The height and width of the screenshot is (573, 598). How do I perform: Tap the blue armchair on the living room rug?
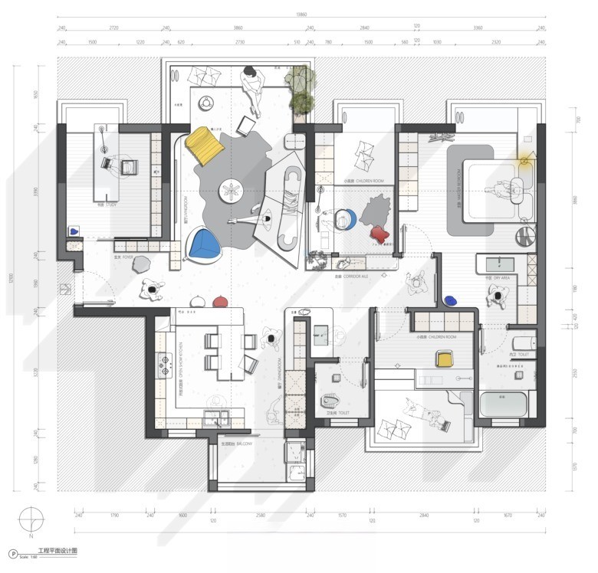click(204, 245)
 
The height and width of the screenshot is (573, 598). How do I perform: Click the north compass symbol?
click(32, 520)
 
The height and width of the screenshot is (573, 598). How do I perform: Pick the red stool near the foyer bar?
click(219, 302)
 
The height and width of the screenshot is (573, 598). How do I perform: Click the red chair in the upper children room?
click(377, 233)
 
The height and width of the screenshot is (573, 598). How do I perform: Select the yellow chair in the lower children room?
click(444, 357)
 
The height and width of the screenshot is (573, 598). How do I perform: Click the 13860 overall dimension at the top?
click(301, 14)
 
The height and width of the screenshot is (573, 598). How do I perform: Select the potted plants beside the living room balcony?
click(300, 89)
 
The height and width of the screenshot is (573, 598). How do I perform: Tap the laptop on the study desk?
click(127, 165)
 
